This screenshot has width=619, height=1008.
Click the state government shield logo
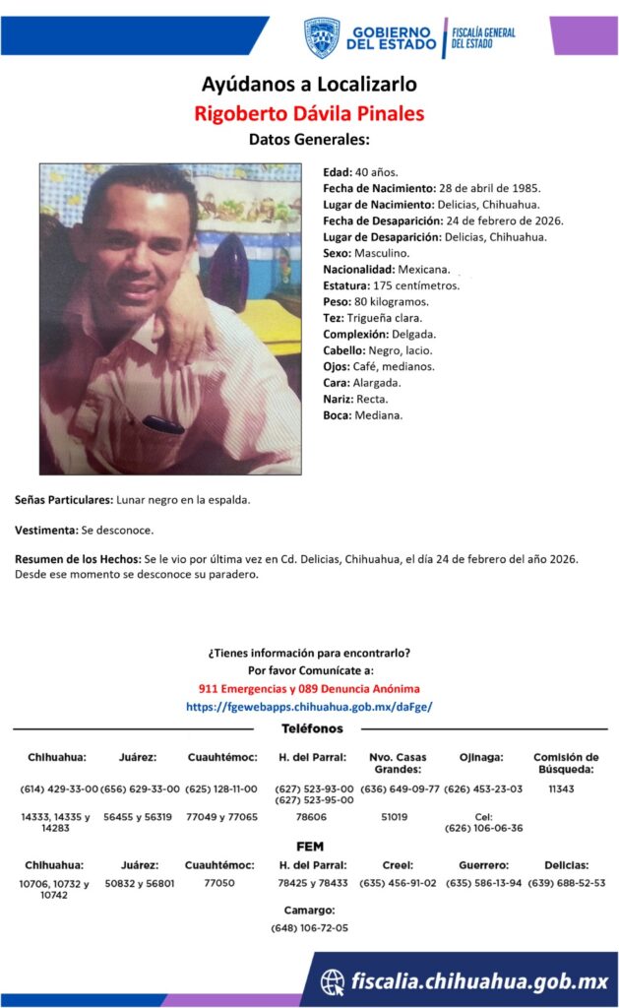(321, 37)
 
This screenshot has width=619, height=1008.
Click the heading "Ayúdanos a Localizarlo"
(309, 84)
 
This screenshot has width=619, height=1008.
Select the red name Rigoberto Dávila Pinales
(309, 113)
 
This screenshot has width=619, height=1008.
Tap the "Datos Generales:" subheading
(309, 140)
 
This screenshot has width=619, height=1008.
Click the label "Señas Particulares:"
(64, 500)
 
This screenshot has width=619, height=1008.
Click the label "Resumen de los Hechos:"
(78, 559)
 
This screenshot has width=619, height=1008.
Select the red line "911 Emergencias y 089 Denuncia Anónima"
(309, 688)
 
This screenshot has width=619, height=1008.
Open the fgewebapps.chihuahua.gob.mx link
(309, 707)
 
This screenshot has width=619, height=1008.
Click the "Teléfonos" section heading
(312, 728)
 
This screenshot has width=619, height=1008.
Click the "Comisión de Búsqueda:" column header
(565, 763)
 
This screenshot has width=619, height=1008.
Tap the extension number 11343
(561, 788)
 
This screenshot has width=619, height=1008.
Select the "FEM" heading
(310, 847)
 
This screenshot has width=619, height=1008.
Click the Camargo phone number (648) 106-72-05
(309, 928)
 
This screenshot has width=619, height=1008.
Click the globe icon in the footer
(333, 980)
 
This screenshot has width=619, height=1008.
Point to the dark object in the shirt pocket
(162, 424)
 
